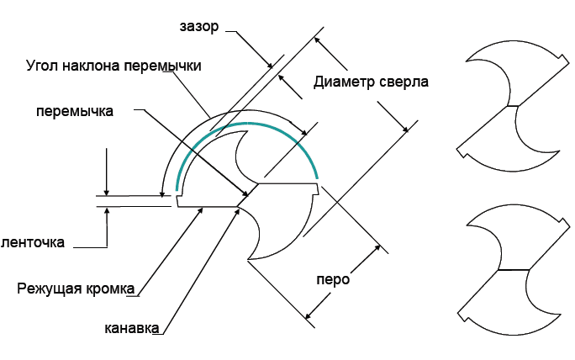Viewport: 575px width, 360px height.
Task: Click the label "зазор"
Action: click(x=198, y=27)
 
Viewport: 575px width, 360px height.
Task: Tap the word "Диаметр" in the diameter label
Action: click(x=342, y=82)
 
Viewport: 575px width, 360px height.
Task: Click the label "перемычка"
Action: click(x=75, y=110)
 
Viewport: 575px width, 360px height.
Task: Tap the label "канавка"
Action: click(x=132, y=327)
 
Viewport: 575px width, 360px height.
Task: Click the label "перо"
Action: click(x=333, y=279)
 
